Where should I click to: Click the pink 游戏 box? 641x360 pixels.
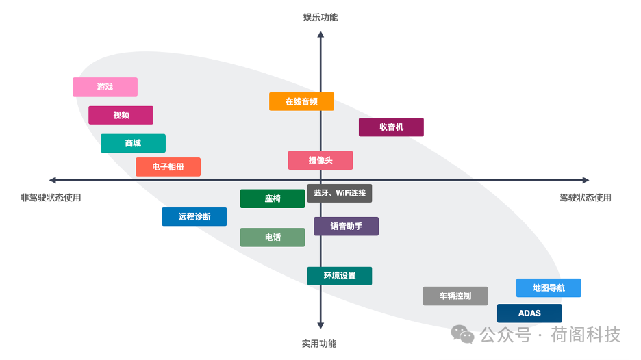[105, 87]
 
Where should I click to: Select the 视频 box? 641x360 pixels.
[121, 115]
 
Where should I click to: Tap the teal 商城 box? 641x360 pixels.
[133, 143]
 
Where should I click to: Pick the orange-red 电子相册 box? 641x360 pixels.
[168, 167]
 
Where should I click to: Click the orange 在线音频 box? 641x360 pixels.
[301, 101]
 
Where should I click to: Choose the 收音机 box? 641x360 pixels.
[391, 127]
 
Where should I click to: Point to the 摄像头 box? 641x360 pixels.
[320, 160]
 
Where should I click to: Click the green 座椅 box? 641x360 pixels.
[272, 198]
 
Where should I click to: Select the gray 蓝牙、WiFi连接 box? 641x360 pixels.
[340, 193]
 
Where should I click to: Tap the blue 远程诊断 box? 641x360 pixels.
[194, 217]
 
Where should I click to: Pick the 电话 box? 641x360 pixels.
[272, 237]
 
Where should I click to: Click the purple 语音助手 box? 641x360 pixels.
[346, 227]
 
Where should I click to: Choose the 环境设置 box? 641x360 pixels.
[340, 276]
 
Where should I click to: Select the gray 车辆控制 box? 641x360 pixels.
[455, 296]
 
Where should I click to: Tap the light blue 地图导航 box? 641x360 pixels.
[548, 288]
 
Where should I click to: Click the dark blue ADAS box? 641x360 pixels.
[529, 313]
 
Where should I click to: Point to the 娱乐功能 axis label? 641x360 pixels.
[320, 17]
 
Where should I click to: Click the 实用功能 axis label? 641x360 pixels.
[319, 344]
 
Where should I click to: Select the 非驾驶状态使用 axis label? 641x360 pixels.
[51, 197]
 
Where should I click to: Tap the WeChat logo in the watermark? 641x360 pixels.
[462, 334]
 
